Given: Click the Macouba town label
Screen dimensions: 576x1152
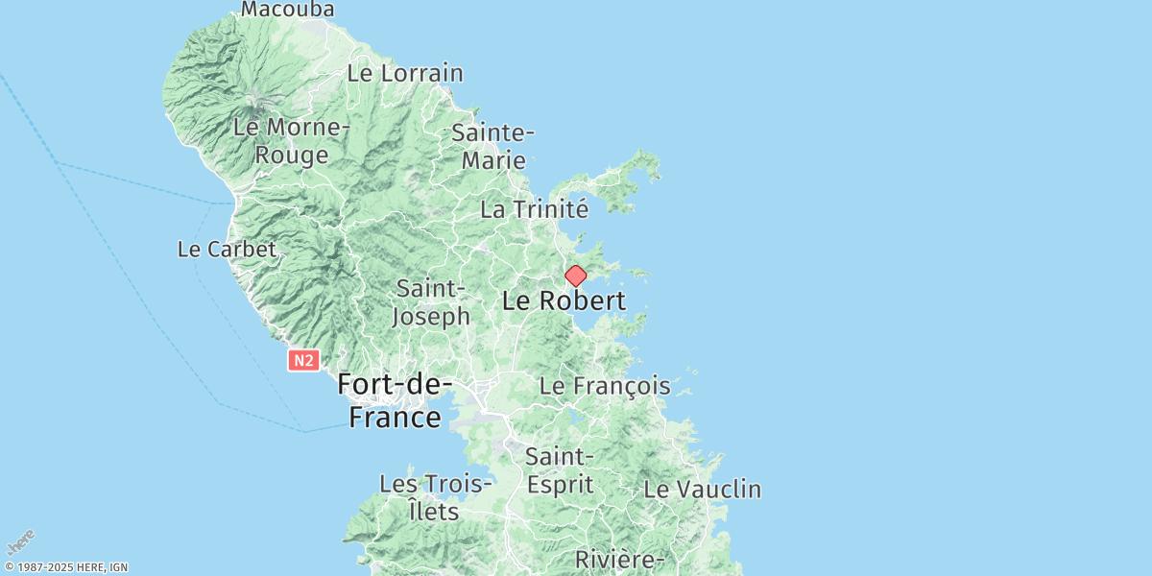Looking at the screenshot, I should point(287,10).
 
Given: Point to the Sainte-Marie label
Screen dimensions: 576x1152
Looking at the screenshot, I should point(492,146).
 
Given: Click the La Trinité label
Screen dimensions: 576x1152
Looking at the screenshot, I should point(534,209).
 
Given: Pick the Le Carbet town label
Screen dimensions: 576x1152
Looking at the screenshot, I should point(227,250).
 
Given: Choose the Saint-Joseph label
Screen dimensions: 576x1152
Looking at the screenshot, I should point(433,301).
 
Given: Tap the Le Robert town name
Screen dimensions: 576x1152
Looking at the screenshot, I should point(564,301).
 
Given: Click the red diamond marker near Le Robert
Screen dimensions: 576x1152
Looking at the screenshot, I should point(575,276).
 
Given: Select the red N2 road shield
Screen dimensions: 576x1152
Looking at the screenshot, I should point(302,360).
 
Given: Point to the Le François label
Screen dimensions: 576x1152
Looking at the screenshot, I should point(605,387).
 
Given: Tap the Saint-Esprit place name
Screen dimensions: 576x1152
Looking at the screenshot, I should point(560,470).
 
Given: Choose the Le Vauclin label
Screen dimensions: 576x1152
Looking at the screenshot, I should point(702,489).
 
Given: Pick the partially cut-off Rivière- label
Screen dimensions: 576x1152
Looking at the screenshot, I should point(619,560).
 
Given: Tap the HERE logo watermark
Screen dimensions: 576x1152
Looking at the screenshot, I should point(21,542).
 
